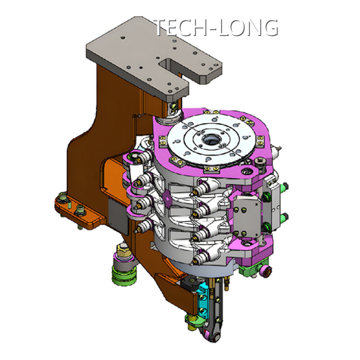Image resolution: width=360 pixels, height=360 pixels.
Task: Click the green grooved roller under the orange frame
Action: tap(124, 275)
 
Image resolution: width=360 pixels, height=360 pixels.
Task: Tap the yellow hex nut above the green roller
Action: tap(123, 250)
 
